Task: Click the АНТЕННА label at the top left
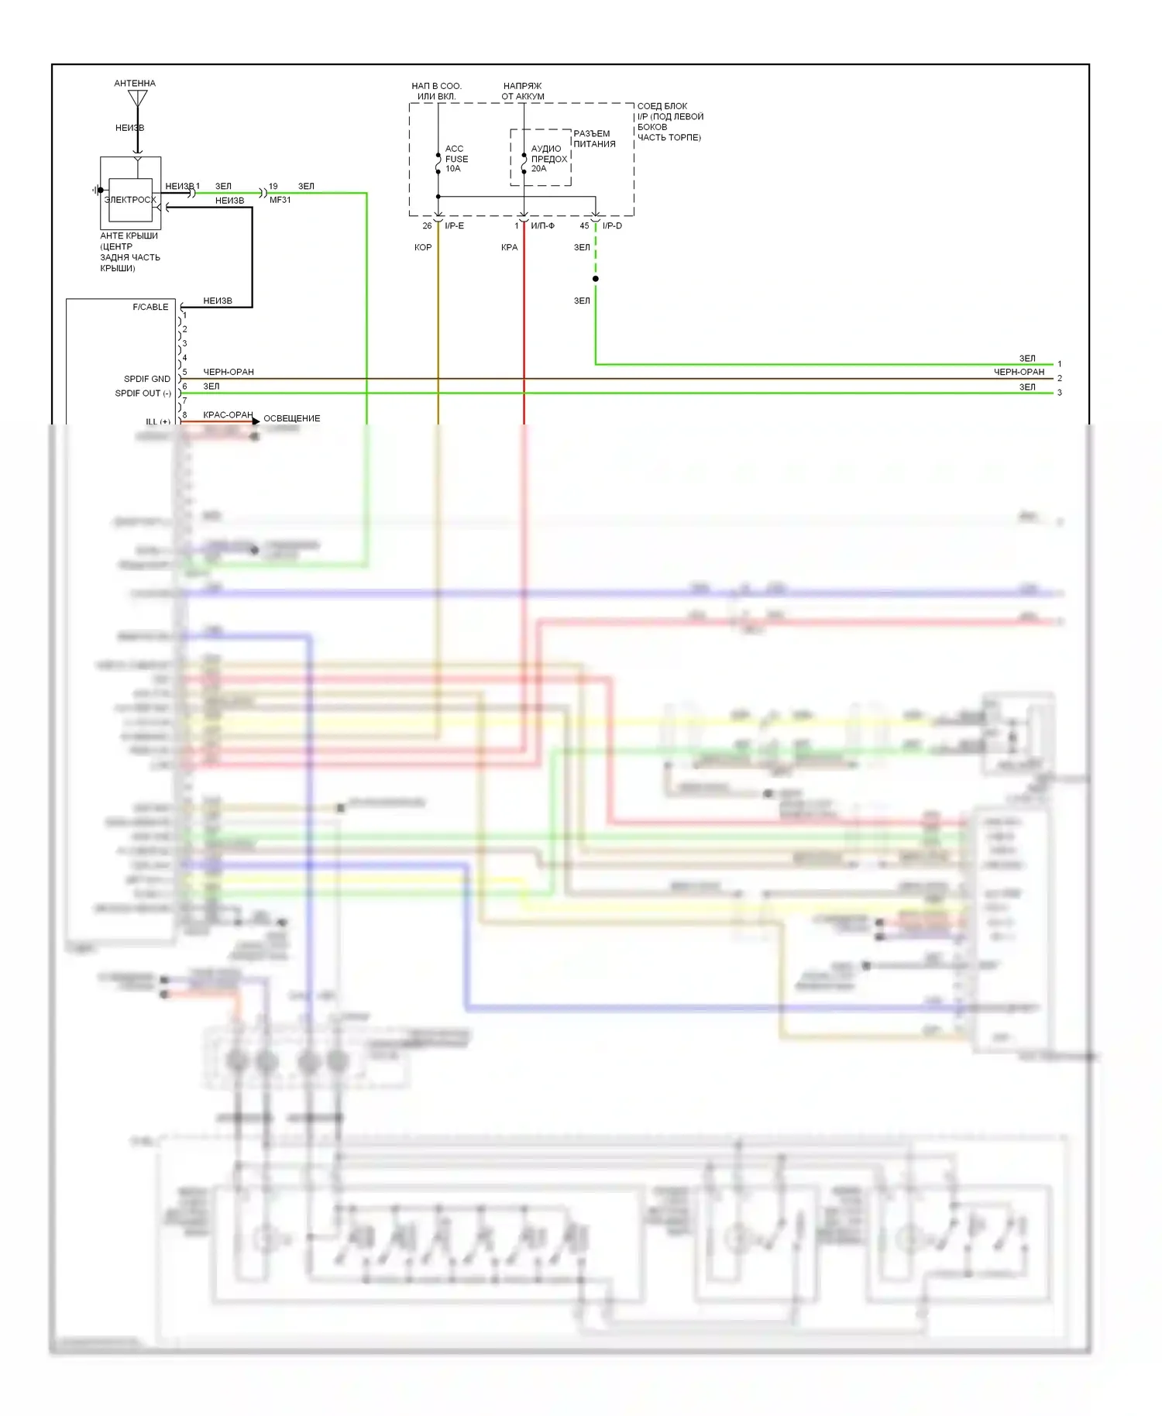pos(135,83)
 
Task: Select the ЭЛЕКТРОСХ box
pos(130,199)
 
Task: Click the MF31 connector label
pos(280,200)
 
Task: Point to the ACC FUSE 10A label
pos(456,159)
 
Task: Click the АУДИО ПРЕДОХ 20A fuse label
pos(548,159)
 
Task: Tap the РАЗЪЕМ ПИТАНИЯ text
pos(594,139)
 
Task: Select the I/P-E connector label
pos(454,226)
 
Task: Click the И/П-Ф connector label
pos(542,226)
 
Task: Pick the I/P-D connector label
pos(612,226)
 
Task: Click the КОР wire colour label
pos(423,248)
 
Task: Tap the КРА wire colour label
pos(509,248)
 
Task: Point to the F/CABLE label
pos(150,308)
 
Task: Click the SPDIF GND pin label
pos(147,379)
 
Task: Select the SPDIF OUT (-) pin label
pos(143,394)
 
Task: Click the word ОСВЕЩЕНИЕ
pos(291,418)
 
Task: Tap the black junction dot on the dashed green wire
pos(595,279)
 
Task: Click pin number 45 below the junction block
pos(584,226)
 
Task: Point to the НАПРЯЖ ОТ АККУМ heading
pos(523,91)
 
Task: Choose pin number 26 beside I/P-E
pos(427,226)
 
